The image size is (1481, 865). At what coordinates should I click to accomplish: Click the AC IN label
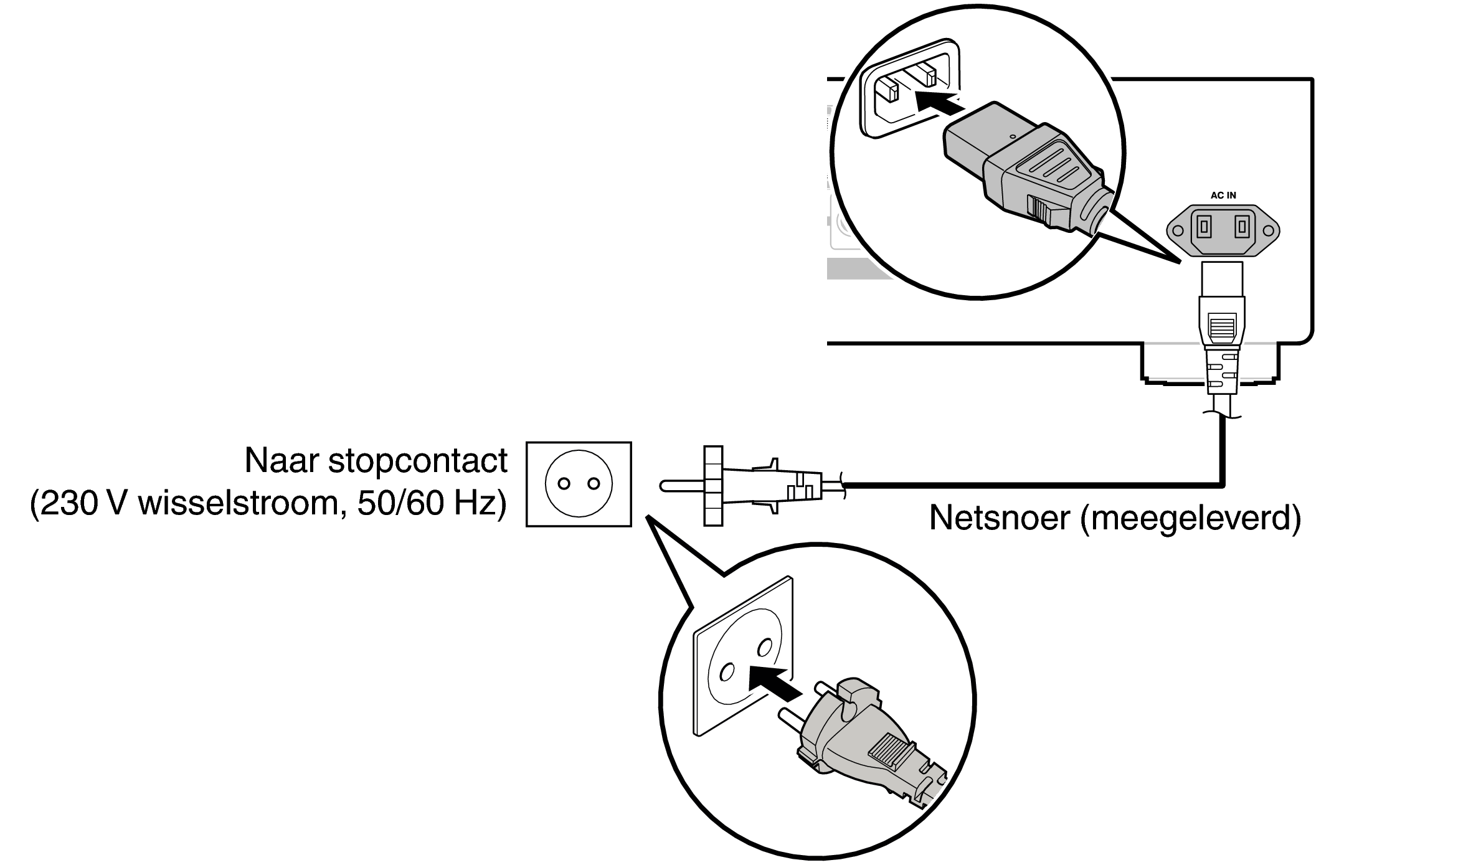click(1223, 196)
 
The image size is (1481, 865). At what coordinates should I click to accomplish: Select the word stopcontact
click(417, 461)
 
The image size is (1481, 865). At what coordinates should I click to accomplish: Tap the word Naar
click(281, 461)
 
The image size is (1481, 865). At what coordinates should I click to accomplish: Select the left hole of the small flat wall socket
click(564, 484)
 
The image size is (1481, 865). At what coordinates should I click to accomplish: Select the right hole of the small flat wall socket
click(594, 484)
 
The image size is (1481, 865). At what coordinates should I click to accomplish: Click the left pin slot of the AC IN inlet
click(1204, 227)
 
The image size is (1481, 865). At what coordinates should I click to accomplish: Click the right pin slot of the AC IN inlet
click(1242, 227)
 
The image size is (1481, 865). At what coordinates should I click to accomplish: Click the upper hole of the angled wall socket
click(764, 649)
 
